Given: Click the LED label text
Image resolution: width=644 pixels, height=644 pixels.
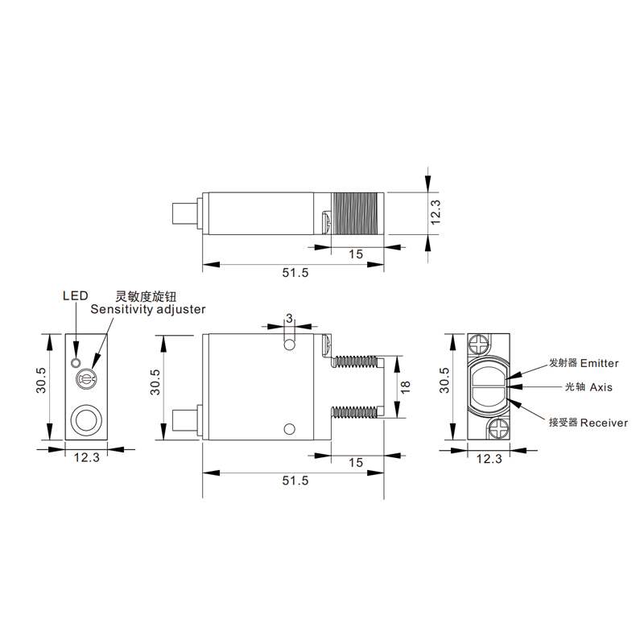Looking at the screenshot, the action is [x=75, y=295].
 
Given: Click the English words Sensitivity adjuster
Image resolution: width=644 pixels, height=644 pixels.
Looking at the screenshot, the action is [x=148, y=309].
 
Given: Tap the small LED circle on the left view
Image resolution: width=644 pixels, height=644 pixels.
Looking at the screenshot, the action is [x=75, y=363].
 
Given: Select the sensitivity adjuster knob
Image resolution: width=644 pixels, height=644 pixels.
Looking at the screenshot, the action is [x=85, y=379].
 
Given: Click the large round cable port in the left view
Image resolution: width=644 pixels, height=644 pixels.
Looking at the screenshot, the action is [x=86, y=419].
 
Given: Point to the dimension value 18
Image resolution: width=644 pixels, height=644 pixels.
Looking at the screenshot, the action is [x=405, y=386].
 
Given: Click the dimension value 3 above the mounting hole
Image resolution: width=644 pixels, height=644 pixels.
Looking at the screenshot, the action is [x=290, y=318].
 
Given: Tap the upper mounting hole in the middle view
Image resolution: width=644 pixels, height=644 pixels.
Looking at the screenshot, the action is [x=290, y=345].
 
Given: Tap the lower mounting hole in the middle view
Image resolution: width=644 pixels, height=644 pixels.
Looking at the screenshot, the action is [x=290, y=429].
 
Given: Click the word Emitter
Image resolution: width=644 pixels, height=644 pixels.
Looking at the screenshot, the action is [x=600, y=363].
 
